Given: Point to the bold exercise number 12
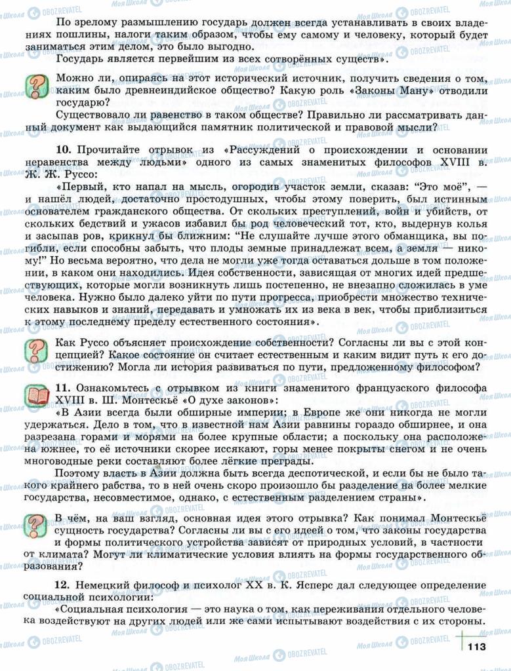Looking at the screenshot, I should (x=63, y=584).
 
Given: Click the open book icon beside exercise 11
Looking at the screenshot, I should (x=37, y=394).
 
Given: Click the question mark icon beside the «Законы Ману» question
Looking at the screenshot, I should (x=37, y=85).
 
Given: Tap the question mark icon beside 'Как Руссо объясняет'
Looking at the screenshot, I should (x=37, y=348).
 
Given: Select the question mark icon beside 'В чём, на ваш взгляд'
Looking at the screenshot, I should (x=37, y=525).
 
